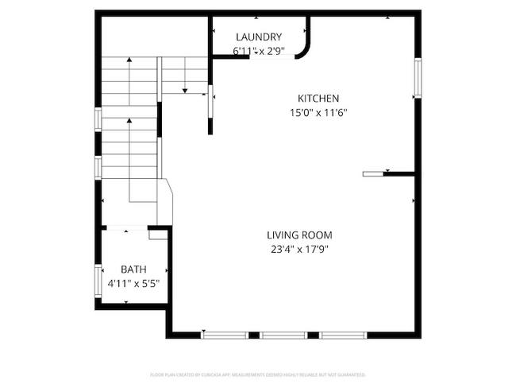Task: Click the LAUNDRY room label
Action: coord(259,37)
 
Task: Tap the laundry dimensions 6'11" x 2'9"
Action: coord(259,52)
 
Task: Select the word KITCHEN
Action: coord(318,98)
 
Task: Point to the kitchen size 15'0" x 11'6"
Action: coord(318,112)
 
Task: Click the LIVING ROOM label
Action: coord(298,235)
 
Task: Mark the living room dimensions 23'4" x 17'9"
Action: coord(298,249)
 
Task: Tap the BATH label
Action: coord(133,270)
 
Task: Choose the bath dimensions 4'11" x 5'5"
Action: coord(133,283)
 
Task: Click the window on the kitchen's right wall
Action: coord(417,79)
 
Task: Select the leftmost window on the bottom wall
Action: coord(225,335)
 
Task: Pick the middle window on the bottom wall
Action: coord(283,335)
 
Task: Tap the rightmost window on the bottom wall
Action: coord(344,335)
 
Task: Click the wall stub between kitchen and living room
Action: coord(389,173)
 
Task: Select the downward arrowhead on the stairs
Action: coord(184,91)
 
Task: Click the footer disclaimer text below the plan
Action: coord(258,374)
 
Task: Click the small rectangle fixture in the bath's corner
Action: coord(158,234)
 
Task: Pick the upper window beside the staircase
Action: coord(98,118)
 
